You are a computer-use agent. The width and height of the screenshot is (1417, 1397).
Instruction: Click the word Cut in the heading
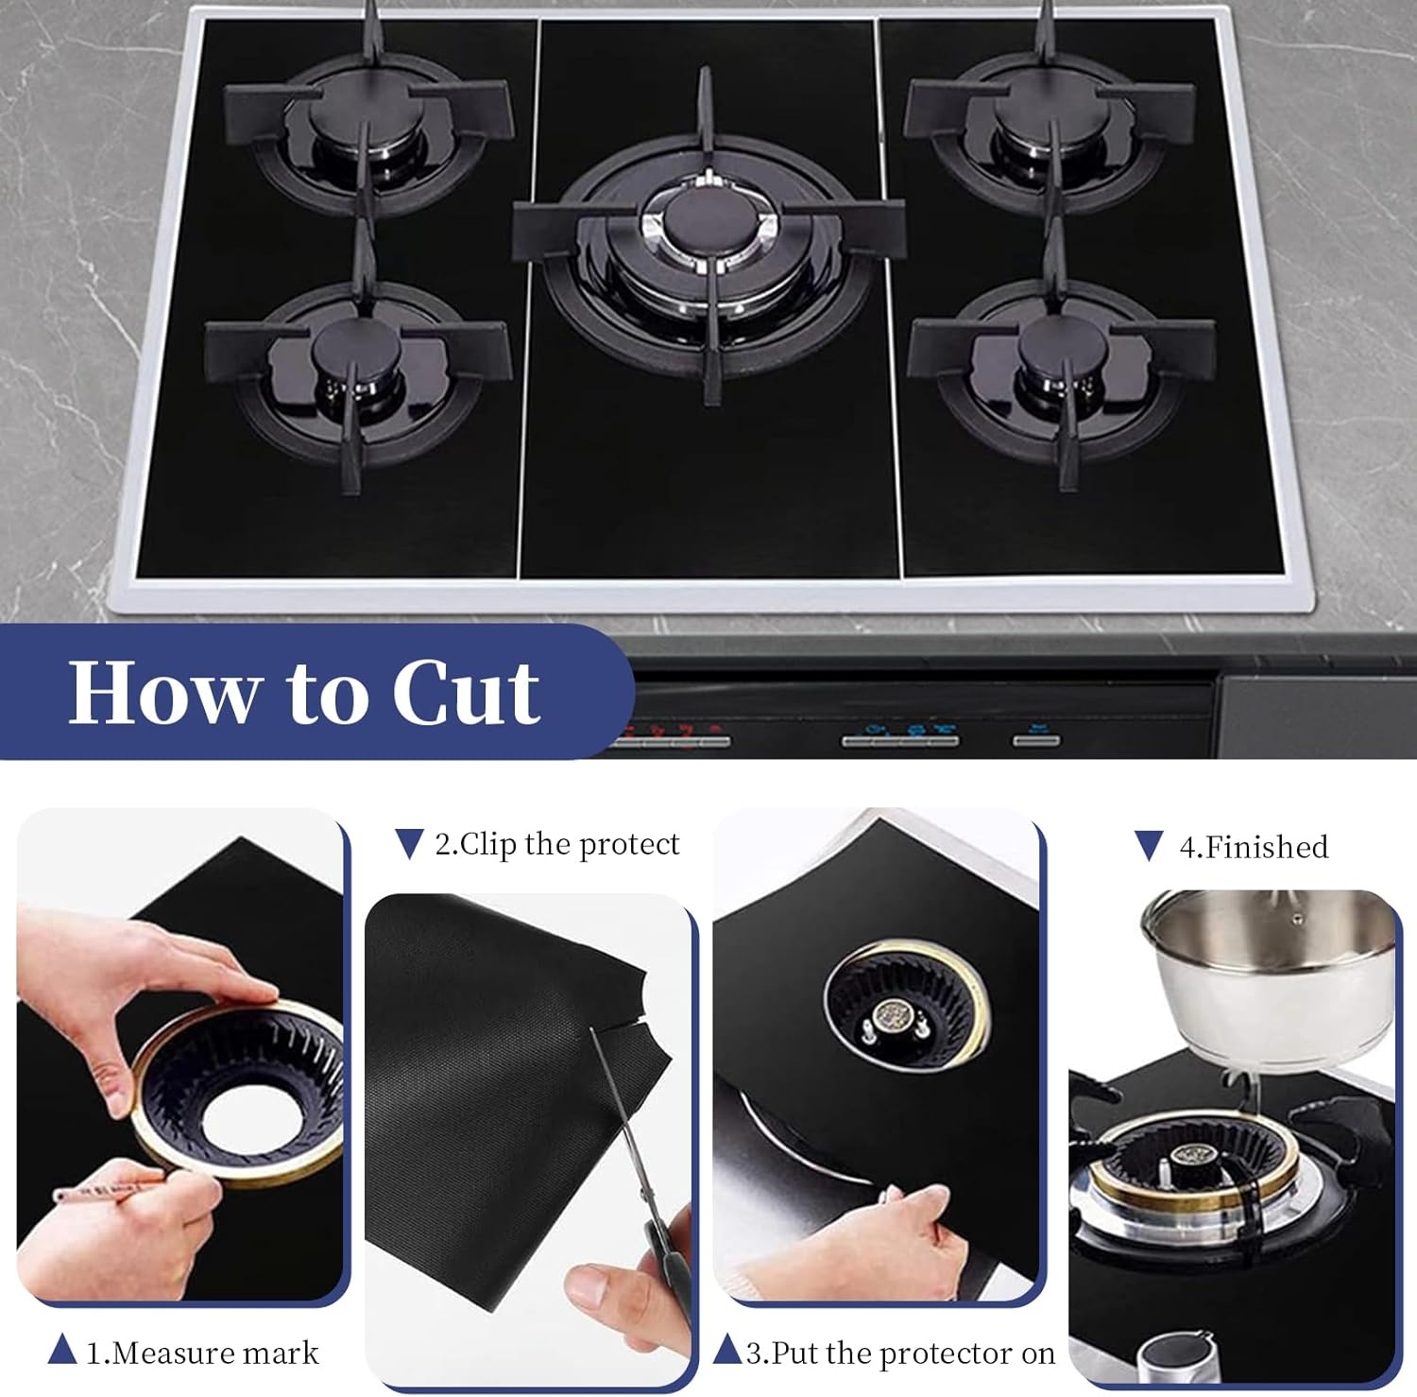tap(466, 693)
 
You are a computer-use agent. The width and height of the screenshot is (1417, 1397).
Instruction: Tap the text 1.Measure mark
tap(202, 1353)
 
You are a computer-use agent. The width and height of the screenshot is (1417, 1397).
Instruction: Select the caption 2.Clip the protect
tap(556, 843)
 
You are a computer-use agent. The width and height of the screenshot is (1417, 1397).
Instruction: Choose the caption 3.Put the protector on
tap(900, 1353)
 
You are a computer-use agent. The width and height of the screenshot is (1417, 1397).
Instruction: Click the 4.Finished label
tap(1254, 846)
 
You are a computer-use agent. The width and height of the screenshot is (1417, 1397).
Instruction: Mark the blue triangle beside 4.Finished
tap(1148, 846)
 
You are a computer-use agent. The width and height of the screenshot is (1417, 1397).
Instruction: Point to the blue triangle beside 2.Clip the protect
tap(408, 843)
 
